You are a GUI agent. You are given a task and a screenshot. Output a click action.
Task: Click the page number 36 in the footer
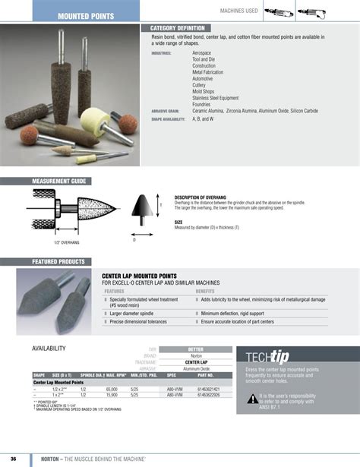click(x=13, y=459)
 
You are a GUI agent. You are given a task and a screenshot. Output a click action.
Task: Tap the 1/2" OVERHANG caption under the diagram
click(x=67, y=242)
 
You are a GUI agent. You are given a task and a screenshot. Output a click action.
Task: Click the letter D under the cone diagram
click(x=134, y=240)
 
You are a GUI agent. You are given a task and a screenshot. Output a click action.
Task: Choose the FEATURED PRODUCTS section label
click(x=58, y=261)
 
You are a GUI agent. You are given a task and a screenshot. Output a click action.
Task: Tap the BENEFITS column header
click(x=205, y=291)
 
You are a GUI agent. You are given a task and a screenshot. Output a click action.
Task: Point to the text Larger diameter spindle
click(x=136, y=313)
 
